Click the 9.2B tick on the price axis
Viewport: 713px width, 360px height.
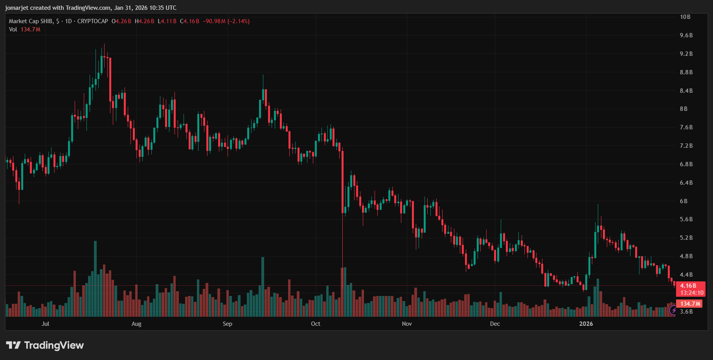[686, 54]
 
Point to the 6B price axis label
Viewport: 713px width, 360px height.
[684, 201]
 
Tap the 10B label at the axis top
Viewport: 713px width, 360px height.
[685, 17]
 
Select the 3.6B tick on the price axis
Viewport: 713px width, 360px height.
[686, 312]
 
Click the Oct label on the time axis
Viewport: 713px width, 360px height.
[315, 324]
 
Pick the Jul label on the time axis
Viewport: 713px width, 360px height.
[45, 324]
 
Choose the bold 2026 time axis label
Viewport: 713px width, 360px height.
[586, 324]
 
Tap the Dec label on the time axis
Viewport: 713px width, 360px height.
[495, 324]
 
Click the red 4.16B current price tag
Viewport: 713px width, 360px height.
[688, 286]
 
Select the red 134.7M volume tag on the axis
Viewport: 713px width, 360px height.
[690, 304]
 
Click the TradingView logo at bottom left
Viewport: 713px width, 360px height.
[45, 345]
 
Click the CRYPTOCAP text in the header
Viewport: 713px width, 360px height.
[92, 21]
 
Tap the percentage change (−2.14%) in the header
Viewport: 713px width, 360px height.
[239, 21]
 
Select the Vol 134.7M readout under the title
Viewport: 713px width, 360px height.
[24, 29]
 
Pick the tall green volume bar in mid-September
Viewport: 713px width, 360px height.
[263, 287]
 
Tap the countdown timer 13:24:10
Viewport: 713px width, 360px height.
[692, 293]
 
